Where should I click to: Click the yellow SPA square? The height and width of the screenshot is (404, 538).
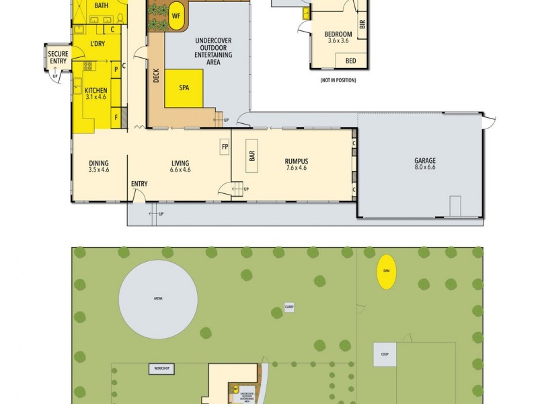[184, 88]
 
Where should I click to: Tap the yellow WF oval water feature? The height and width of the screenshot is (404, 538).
[177, 17]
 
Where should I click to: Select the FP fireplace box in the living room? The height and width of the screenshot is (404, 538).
[224, 146]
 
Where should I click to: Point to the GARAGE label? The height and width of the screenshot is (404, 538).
[424, 162]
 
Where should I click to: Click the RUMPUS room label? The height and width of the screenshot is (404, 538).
[296, 162]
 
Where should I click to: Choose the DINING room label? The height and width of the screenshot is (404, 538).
[99, 164]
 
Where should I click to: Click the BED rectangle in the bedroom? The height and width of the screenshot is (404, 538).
[350, 61]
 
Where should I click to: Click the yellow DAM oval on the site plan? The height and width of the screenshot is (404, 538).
[386, 271]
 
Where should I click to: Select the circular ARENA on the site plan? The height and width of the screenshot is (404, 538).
[158, 298]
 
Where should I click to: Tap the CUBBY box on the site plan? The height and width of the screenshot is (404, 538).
[289, 306]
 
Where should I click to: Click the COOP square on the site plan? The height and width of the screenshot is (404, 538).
[385, 354]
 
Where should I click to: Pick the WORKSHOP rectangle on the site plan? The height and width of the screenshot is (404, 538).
[161, 368]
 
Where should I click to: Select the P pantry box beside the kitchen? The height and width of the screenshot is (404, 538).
[116, 69]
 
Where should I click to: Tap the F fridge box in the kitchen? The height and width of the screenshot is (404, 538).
[116, 116]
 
